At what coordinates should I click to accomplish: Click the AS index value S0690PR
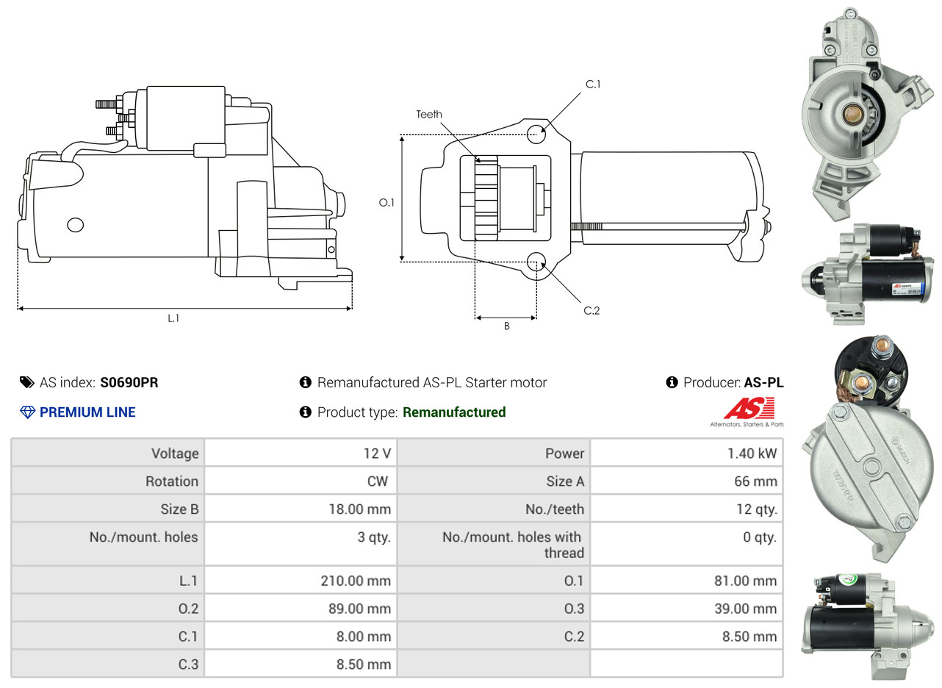[x=129, y=382]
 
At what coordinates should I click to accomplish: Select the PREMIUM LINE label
[x=87, y=412]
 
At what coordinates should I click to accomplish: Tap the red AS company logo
[x=749, y=409]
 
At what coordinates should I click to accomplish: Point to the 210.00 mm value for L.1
[x=356, y=581]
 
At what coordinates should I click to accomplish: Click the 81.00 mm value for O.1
[x=744, y=581]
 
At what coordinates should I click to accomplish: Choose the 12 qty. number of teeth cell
[x=756, y=509]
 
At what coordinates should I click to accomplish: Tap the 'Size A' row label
[x=565, y=481]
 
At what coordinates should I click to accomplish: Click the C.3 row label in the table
[x=188, y=664]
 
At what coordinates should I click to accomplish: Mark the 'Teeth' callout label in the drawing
[x=429, y=114]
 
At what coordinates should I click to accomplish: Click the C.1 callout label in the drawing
[x=592, y=85]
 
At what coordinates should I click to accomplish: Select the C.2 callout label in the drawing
[x=592, y=311]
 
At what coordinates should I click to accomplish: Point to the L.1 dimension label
[x=173, y=318]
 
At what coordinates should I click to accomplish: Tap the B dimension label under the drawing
[x=506, y=326]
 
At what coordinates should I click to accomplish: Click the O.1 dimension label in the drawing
[x=386, y=202]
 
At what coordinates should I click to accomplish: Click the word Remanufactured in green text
[x=454, y=412]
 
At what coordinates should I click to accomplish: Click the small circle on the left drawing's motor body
[x=75, y=224]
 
